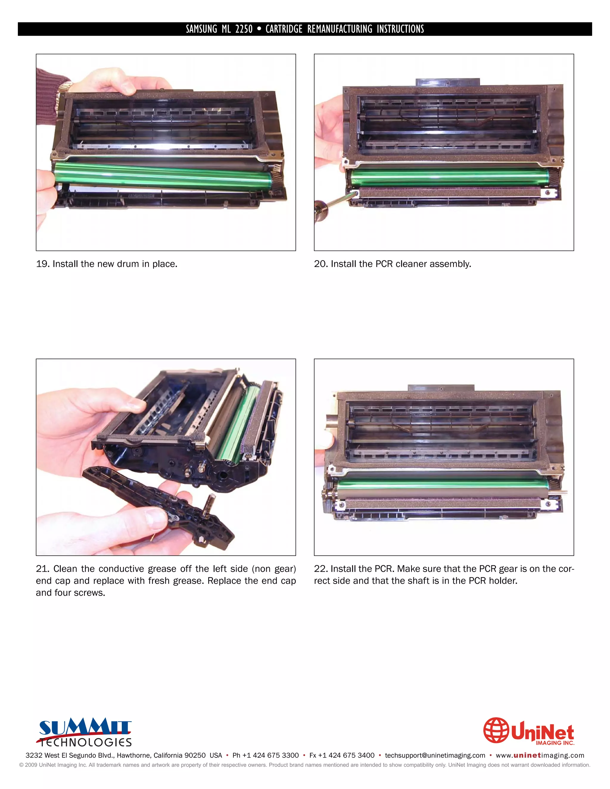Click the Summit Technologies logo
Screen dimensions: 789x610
tap(85, 733)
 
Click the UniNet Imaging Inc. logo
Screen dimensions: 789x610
tap(529, 731)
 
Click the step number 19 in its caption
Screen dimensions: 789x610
tap(42, 264)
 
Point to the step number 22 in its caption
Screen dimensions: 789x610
tap(320, 569)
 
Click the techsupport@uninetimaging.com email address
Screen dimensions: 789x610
tap(435, 755)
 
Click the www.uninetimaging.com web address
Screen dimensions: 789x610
tap(540, 755)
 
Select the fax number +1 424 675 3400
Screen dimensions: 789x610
tap(346, 755)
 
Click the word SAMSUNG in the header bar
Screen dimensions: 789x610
tap(201, 29)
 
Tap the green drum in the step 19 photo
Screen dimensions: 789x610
tap(163, 176)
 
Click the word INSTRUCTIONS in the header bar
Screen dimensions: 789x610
tap(400, 29)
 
